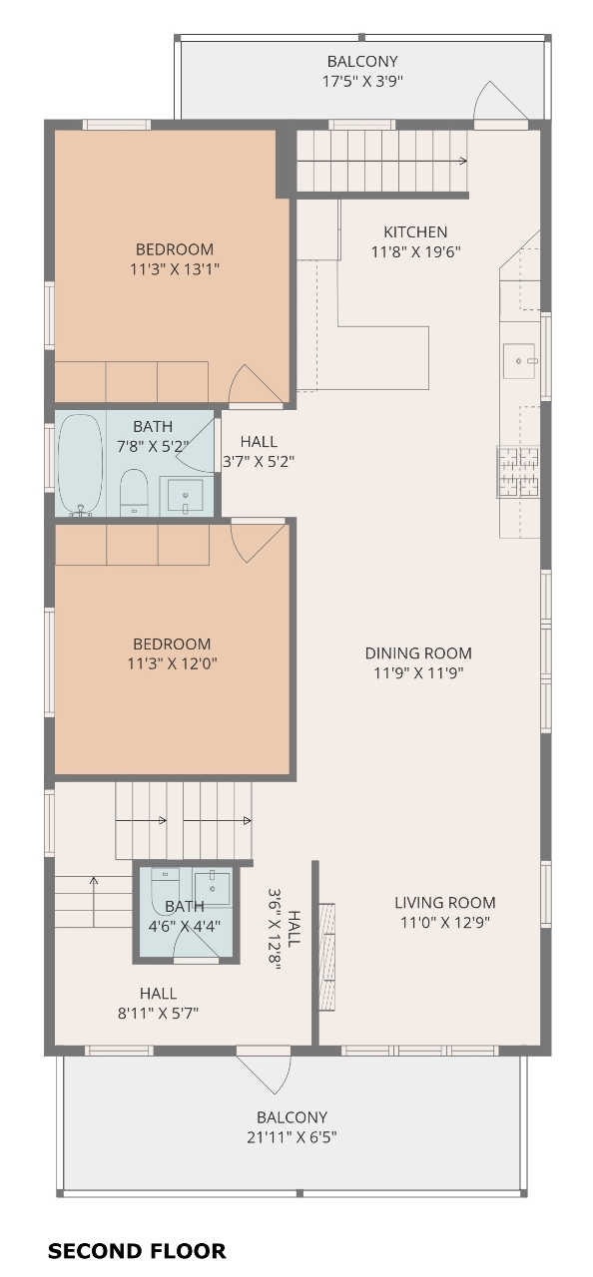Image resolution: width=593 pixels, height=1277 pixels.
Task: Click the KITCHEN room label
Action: point(415,232)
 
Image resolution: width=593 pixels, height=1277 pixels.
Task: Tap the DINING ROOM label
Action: point(418,652)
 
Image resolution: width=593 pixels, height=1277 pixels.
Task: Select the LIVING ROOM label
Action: point(445,903)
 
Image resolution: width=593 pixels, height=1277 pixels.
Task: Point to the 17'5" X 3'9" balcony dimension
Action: point(362,81)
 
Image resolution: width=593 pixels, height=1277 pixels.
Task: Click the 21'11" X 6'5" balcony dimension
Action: point(292,1136)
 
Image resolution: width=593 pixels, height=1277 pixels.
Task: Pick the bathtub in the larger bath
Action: point(81,465)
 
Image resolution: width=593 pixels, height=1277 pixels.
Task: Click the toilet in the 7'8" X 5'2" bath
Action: point(134,493)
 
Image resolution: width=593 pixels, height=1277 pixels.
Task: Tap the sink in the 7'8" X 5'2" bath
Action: point(185,496)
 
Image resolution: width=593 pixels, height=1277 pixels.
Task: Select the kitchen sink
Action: point(519,361)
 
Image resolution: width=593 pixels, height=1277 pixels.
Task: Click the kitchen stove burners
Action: point(518,472)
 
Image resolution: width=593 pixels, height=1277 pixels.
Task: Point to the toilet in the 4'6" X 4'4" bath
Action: point(166,891)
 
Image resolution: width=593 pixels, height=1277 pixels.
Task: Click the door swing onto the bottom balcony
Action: point(264,1070)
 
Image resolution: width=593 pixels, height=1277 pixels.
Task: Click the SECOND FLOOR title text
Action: point(137,1251)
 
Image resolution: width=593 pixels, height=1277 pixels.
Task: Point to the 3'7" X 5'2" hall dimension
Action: point(259,461)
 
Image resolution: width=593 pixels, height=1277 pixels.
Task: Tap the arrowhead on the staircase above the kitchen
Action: point(463,161)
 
